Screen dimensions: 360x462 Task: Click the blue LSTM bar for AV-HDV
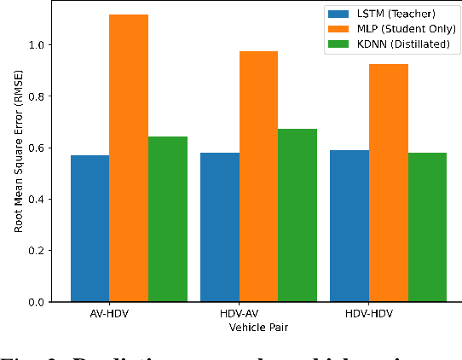[x=90, y=229]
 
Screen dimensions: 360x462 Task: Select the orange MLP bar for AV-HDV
[x=129, y=158]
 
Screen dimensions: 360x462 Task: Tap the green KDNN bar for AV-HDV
[x=168, y=219]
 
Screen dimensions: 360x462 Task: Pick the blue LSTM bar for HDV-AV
[x=220, y=227]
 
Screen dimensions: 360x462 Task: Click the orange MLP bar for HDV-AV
[x=258, y=177]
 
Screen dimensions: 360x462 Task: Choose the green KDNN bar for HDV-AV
[x=297, y=215]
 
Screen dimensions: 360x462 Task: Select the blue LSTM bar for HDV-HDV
[x=349, y=226]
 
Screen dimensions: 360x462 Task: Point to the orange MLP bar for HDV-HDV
[x=388, y=183]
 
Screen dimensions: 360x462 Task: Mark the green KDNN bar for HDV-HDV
[x=427, y=227]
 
